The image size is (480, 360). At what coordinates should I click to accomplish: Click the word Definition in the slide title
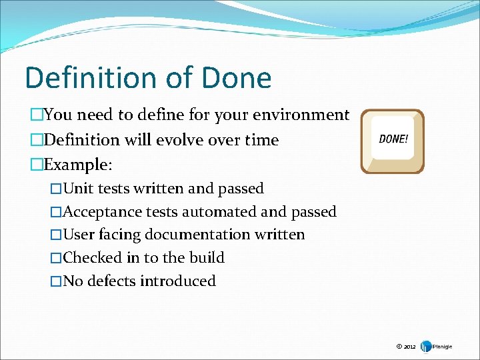click(x=87, y=78)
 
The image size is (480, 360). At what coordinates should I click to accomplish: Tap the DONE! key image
click(x=393, y=141)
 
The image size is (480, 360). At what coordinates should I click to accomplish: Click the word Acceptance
click(x=103, y=212)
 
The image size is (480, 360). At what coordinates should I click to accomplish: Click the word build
click(x=209, y=257)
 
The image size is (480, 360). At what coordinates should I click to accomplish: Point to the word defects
click(x=111, y=281)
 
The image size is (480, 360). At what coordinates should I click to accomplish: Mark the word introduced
click(x=178, y=281)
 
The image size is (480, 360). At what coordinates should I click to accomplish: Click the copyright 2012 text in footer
click(x=405, y=347)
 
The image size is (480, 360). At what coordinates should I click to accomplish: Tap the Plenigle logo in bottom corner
click(x=437, y=346)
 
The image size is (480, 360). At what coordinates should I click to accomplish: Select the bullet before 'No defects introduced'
click(x=56, y=281)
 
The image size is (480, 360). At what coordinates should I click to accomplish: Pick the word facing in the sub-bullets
click(x=121, y=235)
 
